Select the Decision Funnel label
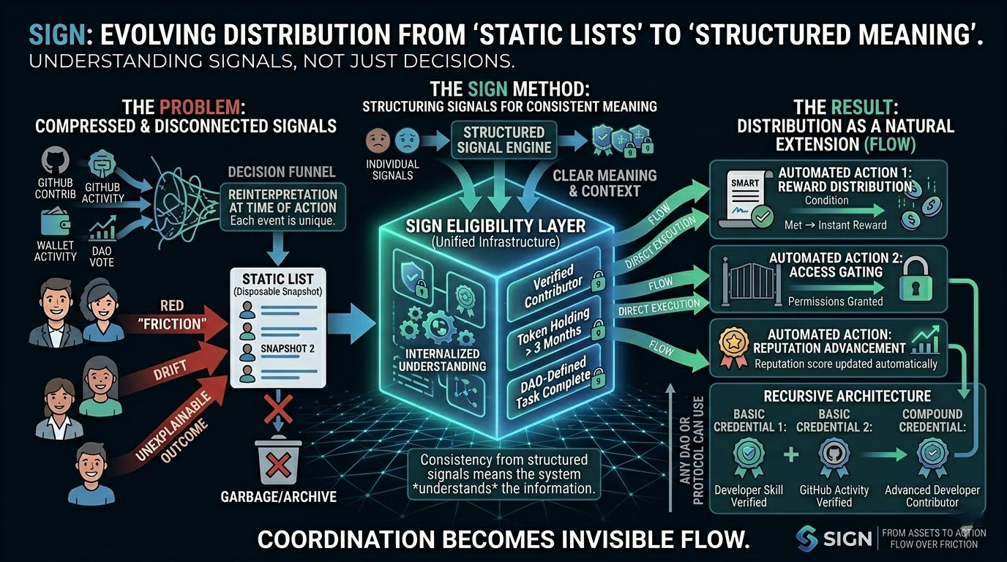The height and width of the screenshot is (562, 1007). tap(282, 172)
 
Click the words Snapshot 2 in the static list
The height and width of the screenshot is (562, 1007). tap(287, 349)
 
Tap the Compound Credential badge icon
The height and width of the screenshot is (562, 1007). tap(932, 456)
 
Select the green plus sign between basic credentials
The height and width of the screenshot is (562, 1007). tap(791, 455)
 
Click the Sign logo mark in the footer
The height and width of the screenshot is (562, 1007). tap(807, 539)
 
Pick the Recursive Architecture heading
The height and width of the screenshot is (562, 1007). tap(847, 396)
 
